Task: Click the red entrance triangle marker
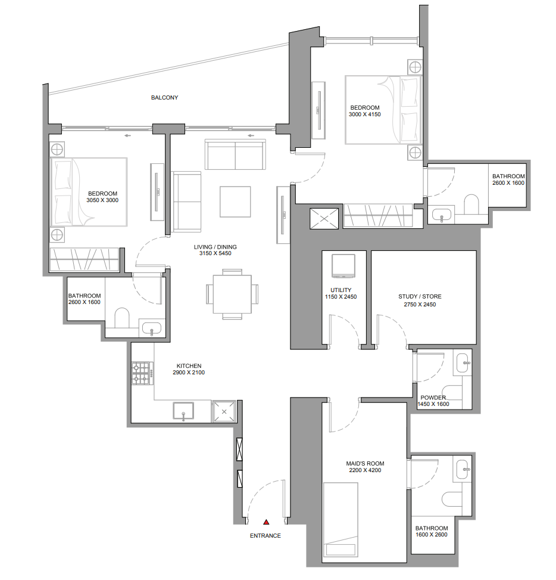pos(266,522)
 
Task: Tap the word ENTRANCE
pos(265,536)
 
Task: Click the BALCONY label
pos(164,98)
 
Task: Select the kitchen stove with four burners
pos(143,373)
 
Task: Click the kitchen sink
pos(183,411)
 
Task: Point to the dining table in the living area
pos(232,294)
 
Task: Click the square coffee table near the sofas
pos(235,201)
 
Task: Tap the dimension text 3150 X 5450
pos(215,253)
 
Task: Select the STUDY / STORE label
pos(420,297)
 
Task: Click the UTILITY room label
pos(341,290)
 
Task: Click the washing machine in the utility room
pos(343,266)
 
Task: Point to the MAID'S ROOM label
pos(365,464)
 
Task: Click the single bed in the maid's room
pos(341,520)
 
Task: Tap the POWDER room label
pos(433,398)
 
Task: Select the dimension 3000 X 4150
pos(365,114)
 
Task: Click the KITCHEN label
pos(189,366)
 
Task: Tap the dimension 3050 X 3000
pos(102,200)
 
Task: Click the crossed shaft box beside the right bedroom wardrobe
pos(324,219)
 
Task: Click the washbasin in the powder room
pos(463,363)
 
